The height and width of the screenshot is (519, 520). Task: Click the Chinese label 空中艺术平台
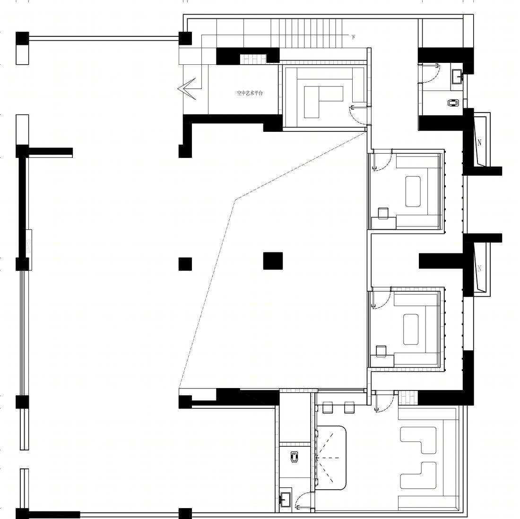coord(250,93)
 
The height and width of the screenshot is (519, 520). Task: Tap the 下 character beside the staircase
coord(353,37)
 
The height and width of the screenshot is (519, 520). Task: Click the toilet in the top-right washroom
coord(453,103)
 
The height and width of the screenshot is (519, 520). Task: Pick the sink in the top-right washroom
coord(457,76)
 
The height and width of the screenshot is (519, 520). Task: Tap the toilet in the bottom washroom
coord(294,457)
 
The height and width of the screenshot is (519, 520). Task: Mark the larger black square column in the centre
coord(273,260)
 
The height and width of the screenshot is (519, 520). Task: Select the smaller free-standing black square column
coord(185,264)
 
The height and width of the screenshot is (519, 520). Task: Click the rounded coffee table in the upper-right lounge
coord(413,191)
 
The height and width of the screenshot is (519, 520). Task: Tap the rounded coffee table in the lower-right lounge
coord(410,329)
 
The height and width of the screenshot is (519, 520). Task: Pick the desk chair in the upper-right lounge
coord(383,213)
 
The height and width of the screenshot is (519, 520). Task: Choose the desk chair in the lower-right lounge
coord(381,351)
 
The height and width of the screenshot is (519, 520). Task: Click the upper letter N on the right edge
coord(479,143)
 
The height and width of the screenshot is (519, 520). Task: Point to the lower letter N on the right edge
coord(479,268)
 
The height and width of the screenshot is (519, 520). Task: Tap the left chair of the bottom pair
coord(327,407)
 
